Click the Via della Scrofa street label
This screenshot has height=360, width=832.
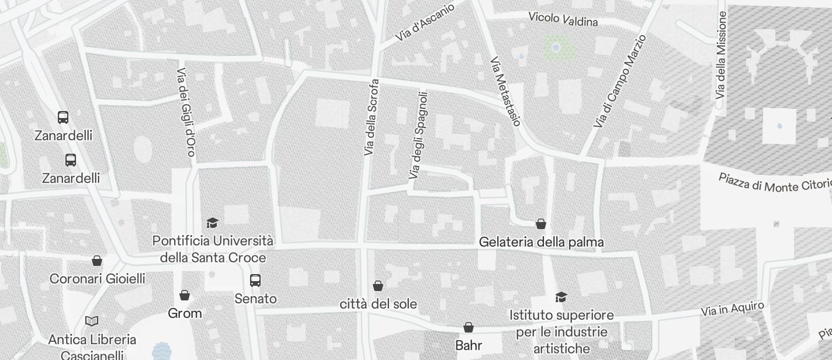pos(372,117)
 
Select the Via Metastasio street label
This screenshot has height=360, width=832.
pos(505,91)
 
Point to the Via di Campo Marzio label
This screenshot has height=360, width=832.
pos(620,81)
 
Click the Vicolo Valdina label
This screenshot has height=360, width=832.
pos(563,19)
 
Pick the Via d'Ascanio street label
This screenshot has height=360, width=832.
pos(424,22)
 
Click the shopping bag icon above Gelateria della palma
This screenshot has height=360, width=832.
pos(541,224)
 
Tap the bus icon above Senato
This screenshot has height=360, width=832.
pos(255,281)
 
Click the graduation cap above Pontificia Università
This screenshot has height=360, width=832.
pos(212,223)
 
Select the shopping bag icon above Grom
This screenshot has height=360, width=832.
pos(185,295)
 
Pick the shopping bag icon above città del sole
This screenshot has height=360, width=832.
pos(378,286)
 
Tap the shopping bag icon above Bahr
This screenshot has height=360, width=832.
pos(469,327)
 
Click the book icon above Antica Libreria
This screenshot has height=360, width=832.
pos(92,321)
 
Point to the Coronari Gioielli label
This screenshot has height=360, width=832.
pos(97,279)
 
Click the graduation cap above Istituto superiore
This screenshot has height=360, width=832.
pos(561,297)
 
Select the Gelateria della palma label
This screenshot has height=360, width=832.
pos(541,242)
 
